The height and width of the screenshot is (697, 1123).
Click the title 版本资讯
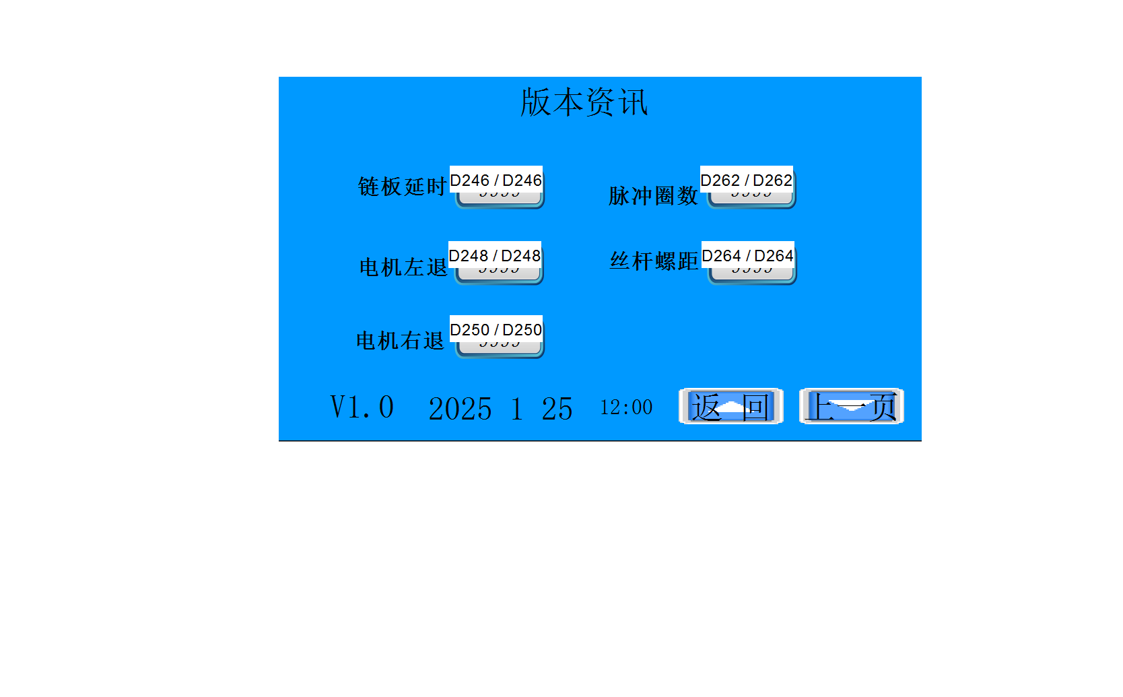click(584, 102)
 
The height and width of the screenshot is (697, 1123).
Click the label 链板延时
click(402, 187)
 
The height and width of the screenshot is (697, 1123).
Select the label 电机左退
click(403, 267)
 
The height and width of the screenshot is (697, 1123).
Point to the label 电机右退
click(400, 341)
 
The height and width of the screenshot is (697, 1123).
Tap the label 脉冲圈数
click(653, 196)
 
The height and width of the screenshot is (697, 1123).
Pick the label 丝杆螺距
click(654, 261)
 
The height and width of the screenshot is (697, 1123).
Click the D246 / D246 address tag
click(496, 180)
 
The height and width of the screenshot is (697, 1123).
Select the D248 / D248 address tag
click(494, 255)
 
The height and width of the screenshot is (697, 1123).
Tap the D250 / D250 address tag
click(496, 329)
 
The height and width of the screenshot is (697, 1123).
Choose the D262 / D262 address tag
click(746, 180)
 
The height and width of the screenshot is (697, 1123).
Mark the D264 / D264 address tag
click(747, 255)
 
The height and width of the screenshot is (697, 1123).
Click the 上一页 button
click(851, 407)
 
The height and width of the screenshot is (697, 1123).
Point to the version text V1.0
click(362, 407)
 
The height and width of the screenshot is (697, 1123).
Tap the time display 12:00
click(626, 407)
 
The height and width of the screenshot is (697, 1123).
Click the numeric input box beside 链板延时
click(500, 199)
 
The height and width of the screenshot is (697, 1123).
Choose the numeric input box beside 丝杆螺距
click(752, 275)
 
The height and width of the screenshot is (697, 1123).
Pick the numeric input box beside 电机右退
click(500, 349)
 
